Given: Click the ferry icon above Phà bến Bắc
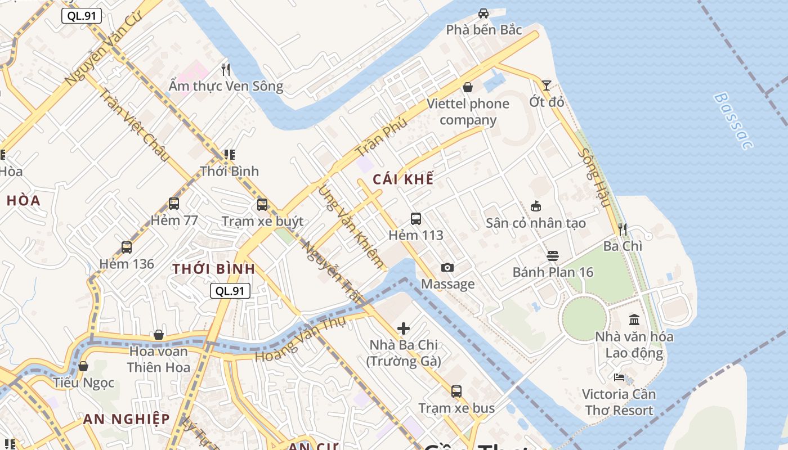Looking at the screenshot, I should coord(483,13).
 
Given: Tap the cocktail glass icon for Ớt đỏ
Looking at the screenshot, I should coord(547,85).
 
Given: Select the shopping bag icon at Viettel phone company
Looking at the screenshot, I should coord(467,87).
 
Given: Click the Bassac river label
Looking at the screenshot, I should coord(732,121).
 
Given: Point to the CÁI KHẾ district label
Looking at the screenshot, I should coord(403,179).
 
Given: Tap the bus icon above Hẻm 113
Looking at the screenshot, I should coord(415,219).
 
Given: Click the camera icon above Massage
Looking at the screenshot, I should coord(447,268).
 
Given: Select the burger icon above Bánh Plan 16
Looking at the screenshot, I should coord(552,256).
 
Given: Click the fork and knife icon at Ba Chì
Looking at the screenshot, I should coord(623,229).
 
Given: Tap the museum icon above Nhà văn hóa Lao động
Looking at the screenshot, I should coord(634,320).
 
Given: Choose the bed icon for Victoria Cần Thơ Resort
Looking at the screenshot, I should coord(619,377).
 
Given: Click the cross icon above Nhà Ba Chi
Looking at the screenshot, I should coord(404,328).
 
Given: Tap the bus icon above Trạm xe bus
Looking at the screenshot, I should coord(456,391).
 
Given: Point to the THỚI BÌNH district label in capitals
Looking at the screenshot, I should coord(214,269).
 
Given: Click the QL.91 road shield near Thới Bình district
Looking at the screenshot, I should coord(230,291).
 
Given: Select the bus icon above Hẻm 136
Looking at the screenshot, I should coord(127,247).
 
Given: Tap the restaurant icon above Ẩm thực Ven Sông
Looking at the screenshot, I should coord(226,70).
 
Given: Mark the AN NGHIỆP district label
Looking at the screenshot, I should coord(126,419).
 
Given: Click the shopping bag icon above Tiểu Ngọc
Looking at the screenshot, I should coord(83,367).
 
